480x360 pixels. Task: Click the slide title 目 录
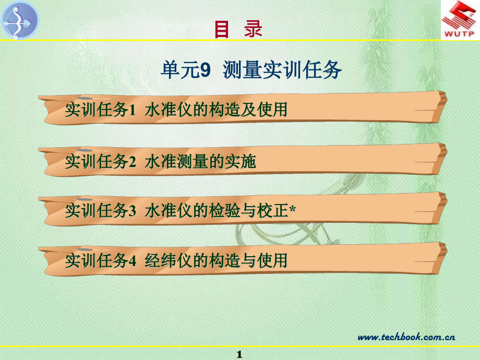[238, 29]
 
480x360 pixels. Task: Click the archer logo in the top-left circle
[20, 20]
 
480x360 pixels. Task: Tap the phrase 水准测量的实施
[201, 162]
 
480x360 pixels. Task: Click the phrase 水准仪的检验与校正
[217, 210]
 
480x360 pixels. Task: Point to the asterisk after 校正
[292, 209]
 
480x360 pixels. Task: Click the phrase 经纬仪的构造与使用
[217, 260]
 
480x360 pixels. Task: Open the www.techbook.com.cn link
[406, 337]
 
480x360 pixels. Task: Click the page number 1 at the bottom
[239, 355]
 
